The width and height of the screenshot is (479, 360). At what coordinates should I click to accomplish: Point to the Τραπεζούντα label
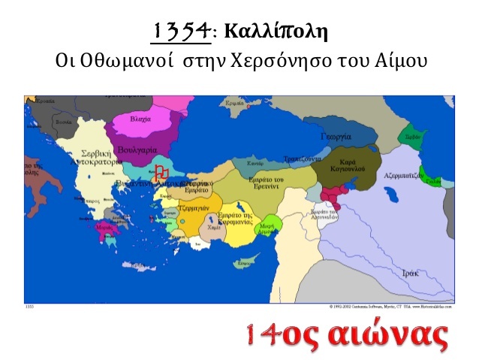pyautogui.click(x=303, y=159)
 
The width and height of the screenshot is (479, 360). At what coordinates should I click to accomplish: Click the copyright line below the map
pyautogui.click(x=390, y=306)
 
